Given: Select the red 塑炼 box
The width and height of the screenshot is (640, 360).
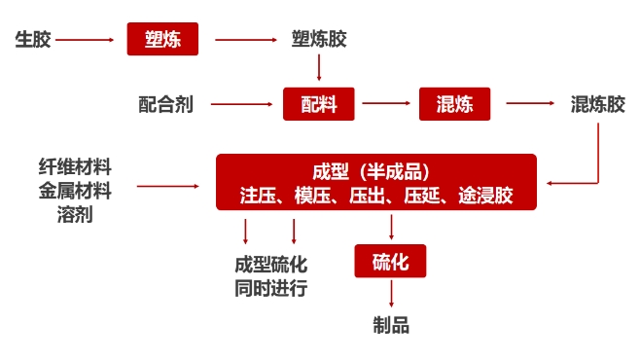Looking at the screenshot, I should tap(162, 40).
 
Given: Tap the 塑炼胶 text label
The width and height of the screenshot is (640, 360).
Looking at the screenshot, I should tap(319, 40).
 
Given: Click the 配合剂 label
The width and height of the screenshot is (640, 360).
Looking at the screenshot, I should tap(165, 104).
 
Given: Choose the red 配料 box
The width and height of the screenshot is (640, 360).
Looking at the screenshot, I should tap(319, 104).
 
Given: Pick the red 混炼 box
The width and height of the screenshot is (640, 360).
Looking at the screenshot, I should tap(454, 104).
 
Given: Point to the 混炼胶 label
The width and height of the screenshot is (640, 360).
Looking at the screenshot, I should tap(597, 104).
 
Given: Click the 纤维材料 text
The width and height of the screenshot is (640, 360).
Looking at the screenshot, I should tap(75, 166).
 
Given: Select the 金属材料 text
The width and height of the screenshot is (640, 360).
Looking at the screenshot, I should tap(75, 191).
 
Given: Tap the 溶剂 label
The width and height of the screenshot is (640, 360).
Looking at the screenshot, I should tap(75, 215).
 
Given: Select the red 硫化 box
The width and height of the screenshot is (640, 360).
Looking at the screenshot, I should tap(390, 262).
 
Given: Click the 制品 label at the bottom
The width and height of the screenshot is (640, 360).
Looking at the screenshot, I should tap(390, 325).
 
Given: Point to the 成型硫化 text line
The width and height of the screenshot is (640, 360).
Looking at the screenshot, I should tap(270, 265).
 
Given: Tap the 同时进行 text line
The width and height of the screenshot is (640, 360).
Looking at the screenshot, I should tap(270, 289).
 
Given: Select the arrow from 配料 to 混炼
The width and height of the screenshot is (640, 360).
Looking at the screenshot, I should tap(386, 104).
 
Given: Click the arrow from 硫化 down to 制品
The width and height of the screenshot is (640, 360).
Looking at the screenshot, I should tap(390, 294).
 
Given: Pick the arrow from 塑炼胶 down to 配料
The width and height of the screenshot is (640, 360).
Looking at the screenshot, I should tap(319, 68).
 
